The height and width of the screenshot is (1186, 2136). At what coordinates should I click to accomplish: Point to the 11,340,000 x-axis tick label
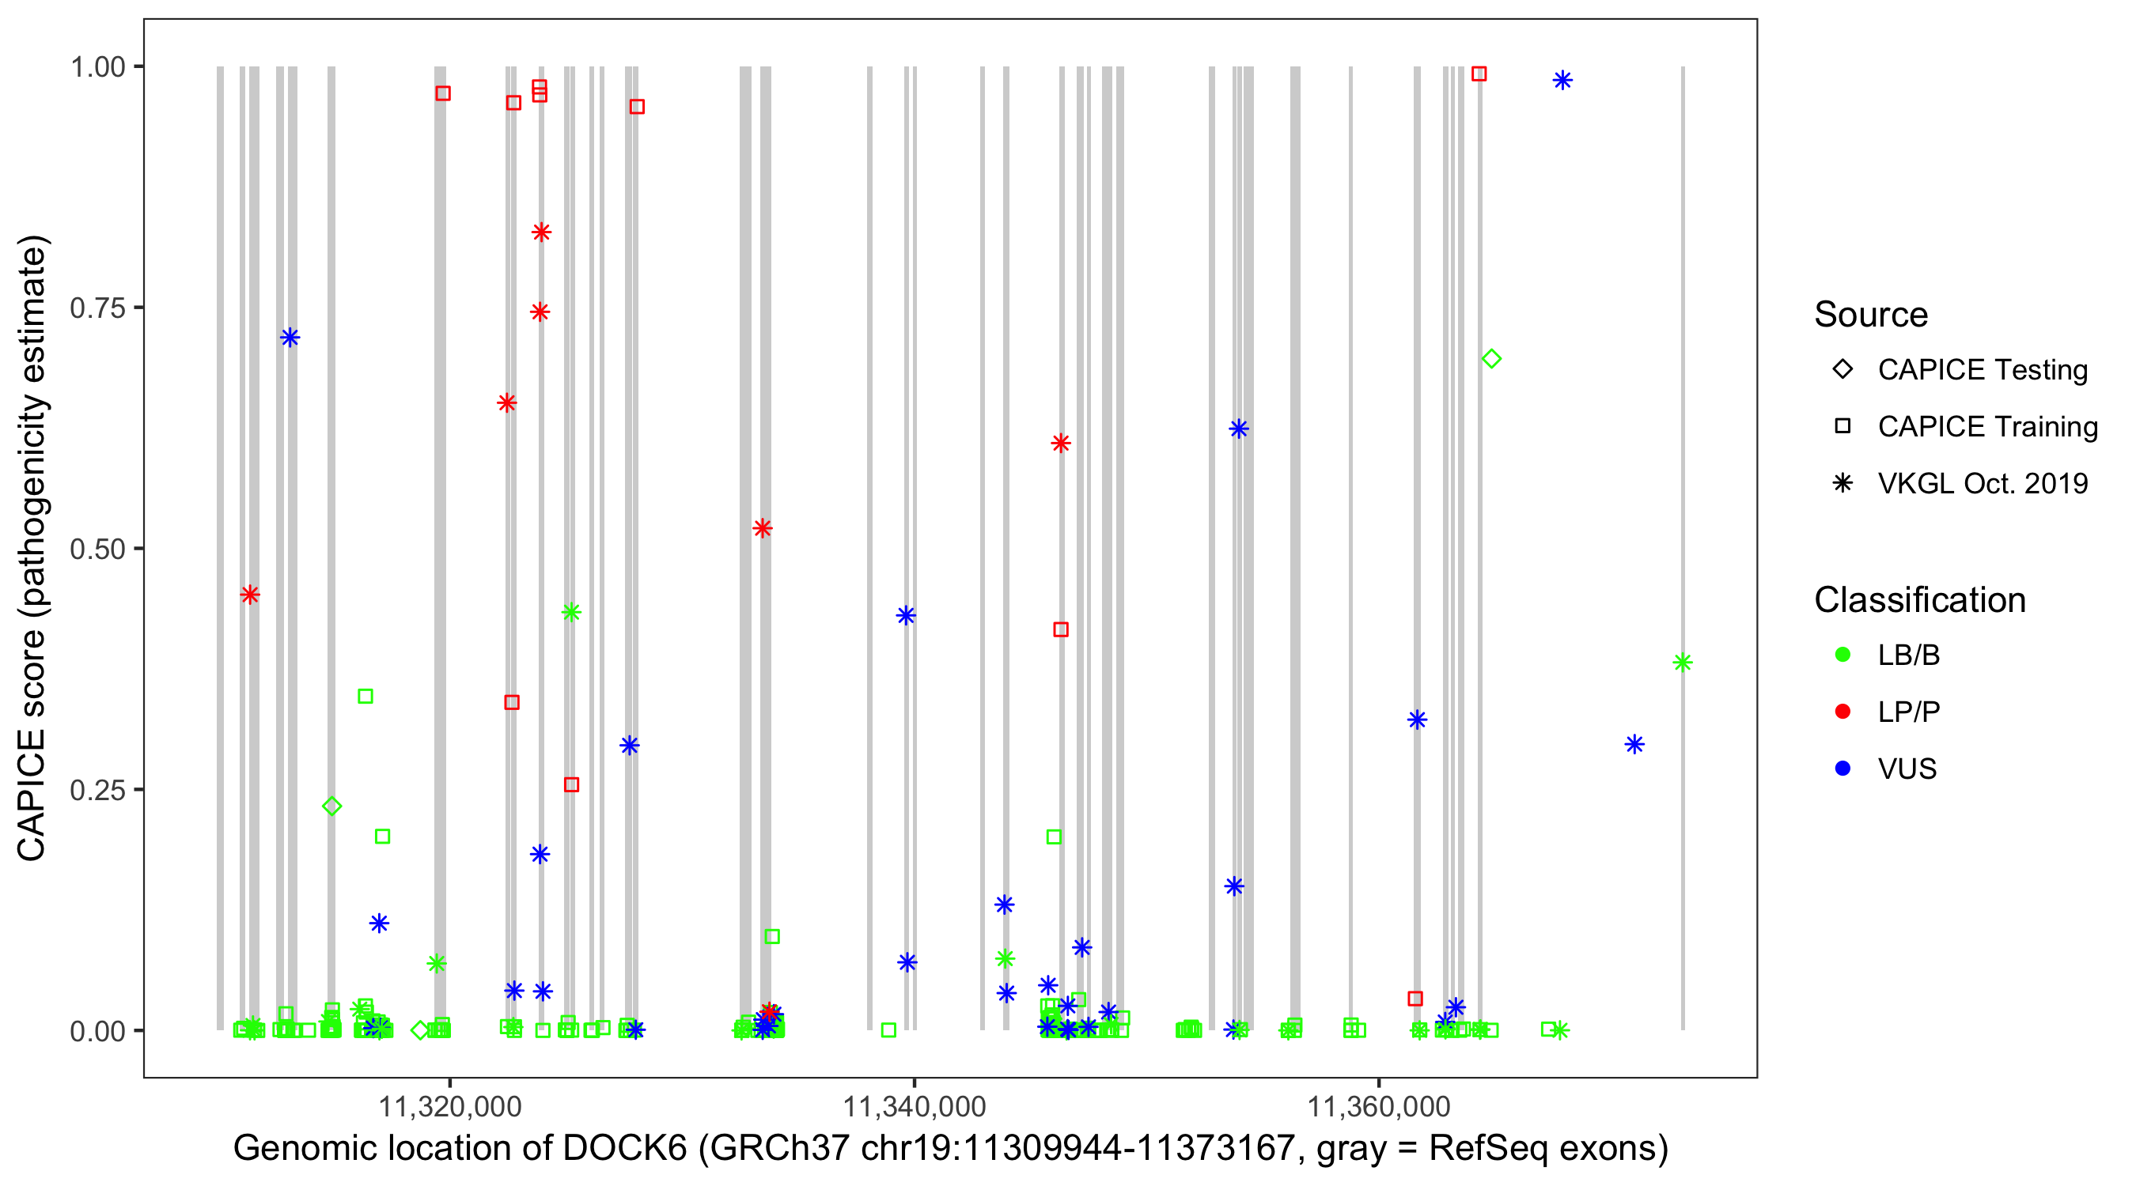point(914,1106)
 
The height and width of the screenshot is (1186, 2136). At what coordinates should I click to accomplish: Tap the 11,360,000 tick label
point(1378,1106)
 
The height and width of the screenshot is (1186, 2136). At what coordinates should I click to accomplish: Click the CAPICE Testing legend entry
point(1982,370)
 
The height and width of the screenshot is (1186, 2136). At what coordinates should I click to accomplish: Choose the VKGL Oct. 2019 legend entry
point(1982,483)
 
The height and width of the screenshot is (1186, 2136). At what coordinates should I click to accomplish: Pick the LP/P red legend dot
point(1842,712)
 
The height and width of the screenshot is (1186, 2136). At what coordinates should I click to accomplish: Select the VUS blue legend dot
point(1842,769)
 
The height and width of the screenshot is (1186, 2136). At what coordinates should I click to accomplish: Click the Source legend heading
point(1871,315)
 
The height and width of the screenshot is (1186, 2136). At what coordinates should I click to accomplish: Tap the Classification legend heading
point(1919,600)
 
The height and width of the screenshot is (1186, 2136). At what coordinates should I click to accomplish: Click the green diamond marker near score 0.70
point(1491,359)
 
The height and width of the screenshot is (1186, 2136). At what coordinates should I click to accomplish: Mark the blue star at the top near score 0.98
point(1562,81)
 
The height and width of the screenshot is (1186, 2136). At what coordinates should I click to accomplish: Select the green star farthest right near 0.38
point(1683,663)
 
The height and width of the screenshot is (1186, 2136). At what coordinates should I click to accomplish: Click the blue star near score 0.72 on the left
point(290,338)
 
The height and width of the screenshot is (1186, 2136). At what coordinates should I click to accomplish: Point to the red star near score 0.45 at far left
point(249,595)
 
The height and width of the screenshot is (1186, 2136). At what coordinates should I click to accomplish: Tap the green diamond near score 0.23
point(331,806)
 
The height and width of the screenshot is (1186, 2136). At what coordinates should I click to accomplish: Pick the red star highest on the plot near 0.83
point(541,232)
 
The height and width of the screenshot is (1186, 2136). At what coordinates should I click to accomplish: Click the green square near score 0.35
point(365,697)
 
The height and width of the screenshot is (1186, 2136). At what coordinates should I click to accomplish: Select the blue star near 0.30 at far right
point(1634,744)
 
